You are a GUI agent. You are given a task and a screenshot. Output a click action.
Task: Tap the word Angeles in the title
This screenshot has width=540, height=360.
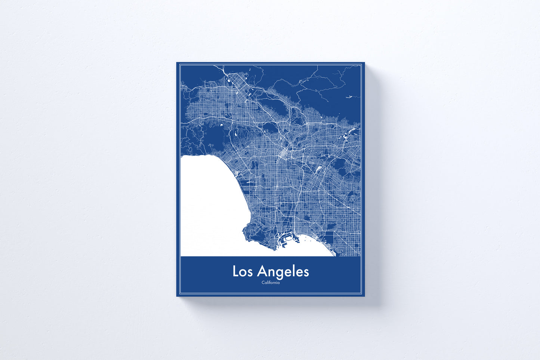coord(283,272)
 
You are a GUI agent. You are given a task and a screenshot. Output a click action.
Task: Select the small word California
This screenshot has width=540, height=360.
coord(271,283)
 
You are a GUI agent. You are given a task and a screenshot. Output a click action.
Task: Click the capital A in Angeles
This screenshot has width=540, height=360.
coord(262,271)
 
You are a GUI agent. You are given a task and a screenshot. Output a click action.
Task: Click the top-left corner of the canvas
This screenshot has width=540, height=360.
coord(177,63)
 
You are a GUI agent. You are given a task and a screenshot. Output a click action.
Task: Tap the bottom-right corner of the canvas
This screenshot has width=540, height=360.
coord(364,296)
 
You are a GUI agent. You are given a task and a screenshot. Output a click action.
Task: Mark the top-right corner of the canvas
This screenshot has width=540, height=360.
coord(364,63)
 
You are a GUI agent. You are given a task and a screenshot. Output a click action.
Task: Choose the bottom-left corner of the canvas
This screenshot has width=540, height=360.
coord(177,296)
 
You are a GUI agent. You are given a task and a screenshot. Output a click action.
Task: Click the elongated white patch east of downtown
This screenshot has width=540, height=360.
coord(319,170)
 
